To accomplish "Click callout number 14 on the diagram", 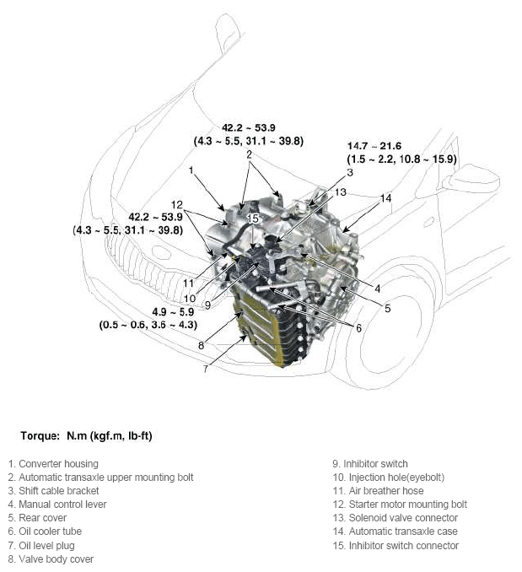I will point(385,198).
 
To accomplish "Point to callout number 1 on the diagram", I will point(192,170).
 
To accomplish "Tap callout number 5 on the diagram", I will point(387,308).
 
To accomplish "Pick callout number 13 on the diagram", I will point(340,192).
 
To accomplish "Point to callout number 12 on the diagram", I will point(176,204).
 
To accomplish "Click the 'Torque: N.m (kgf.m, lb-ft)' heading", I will point(85,436).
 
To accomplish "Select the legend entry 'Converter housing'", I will point(53,463).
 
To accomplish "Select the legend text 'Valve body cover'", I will point(51,559).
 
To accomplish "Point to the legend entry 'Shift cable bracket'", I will point(54,490).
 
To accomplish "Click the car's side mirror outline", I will point(471,177).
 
